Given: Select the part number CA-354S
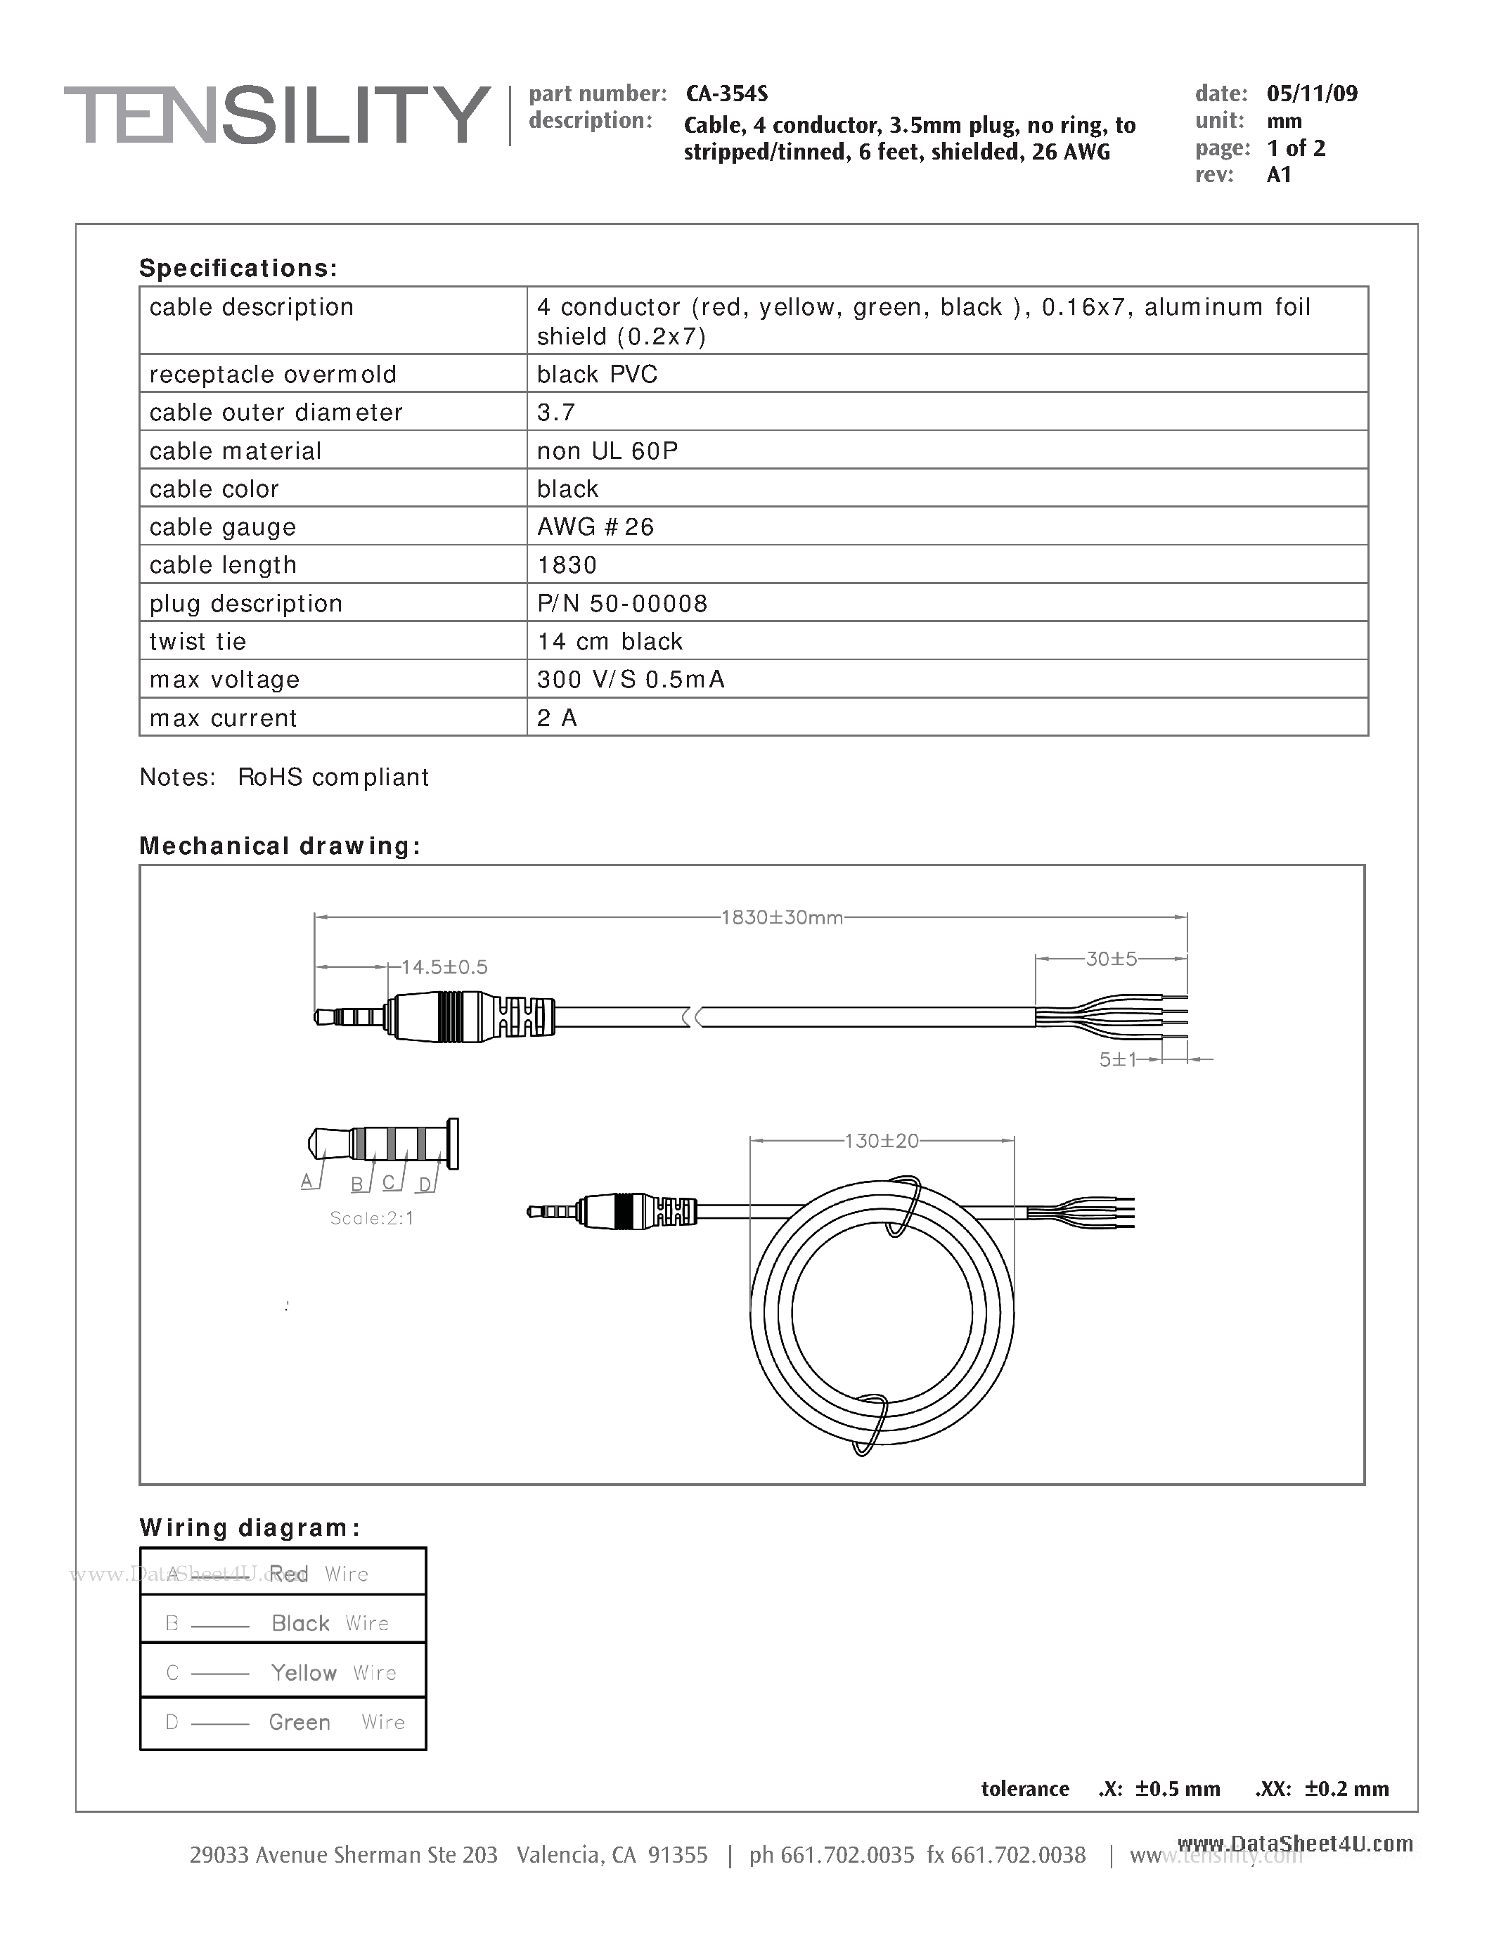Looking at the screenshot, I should coord(727,93).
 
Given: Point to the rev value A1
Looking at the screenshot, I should coord(1279,174).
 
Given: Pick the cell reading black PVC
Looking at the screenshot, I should coord(596,375).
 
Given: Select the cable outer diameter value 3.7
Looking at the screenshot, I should coord(556,413).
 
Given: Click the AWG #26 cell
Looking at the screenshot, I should coord(595,526).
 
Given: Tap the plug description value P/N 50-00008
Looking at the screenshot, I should coord(622,604).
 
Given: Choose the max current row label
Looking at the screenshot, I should coord(223,718).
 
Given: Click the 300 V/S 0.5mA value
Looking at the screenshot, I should coord(630,680).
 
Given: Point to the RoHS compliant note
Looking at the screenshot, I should coord(333,777).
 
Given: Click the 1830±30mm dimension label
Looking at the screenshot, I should coord(782,918).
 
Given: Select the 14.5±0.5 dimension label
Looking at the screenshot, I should coord(444,967).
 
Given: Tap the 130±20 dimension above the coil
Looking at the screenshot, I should coord(882,1141).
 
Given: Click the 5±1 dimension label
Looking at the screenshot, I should coord(1117,1059).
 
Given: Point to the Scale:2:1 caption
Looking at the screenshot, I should coord(372,1218).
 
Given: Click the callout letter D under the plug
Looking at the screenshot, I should coord(425,1184).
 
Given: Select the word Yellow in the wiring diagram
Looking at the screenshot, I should coord(304,1673).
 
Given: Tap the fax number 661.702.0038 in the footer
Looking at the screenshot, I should coord(1018,1855).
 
